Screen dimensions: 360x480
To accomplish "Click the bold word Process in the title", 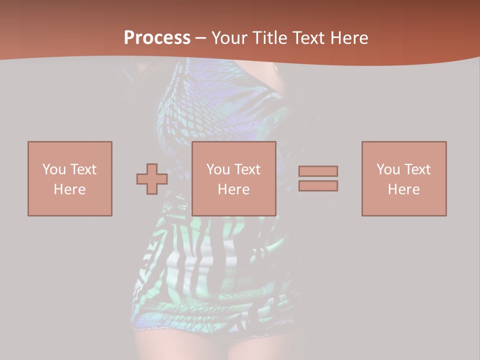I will [x=157, y=38].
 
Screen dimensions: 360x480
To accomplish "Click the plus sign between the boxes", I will [x=152, y=178].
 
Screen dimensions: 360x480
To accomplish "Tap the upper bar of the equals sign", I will [x=318, y=171].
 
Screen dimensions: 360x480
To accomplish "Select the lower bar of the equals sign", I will [x=318, y=185].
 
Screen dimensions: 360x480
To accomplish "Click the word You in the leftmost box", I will [x=53, y=169].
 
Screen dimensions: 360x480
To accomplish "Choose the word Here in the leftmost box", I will [x=69, y=189].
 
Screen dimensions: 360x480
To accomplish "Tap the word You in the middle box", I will [x=218, y=169].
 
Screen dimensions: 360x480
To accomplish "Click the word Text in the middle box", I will [x=247, y=169].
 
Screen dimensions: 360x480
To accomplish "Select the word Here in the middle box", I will [x=234, y=189].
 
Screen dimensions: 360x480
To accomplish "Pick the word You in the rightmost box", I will [x=388, y=169].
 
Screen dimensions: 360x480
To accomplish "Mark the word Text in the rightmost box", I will [x=417, y=169].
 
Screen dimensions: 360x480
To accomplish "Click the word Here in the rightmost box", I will [x=404, y=189].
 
